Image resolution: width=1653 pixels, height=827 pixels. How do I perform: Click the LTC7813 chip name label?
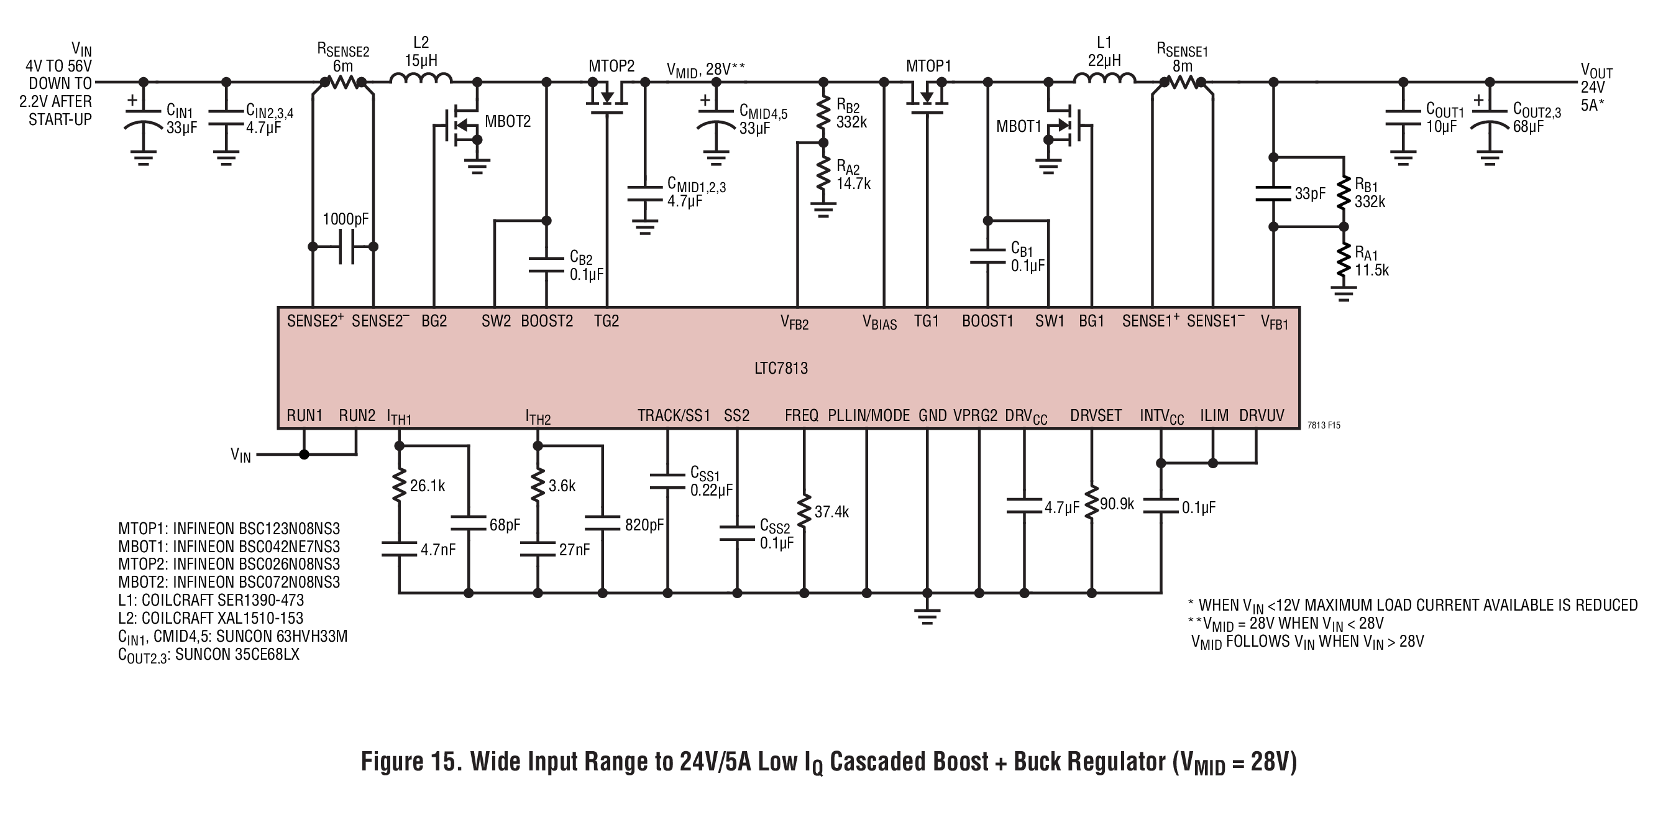tap(781, 369)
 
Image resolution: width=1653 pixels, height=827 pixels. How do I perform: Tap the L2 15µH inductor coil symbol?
tap(421, 78)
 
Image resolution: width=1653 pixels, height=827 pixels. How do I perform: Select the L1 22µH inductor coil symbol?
tap(1104, 78)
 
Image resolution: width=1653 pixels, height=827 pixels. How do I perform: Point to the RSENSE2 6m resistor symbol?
tap(342, 82)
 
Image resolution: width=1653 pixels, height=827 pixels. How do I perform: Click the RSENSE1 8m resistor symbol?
tap(1183, 82)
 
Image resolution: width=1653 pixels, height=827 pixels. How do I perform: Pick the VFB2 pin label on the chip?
tap(794, 322)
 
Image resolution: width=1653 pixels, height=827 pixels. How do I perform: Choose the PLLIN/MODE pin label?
tap(869, 416)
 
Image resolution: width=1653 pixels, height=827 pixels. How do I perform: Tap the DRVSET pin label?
tap(1096, 416)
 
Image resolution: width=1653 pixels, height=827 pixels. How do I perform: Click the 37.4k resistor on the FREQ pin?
tap(804, 510)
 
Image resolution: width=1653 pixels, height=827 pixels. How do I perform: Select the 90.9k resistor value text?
tap(1117, 505)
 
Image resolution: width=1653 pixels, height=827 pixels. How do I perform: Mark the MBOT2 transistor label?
tap(508, 122)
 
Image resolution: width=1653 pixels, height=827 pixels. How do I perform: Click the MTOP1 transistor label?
tap(928, 66)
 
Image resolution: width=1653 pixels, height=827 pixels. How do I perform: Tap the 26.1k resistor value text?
tap(428, 486)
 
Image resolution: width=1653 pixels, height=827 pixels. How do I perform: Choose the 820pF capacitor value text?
tap(644, 525)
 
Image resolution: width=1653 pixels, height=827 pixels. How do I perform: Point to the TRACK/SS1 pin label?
tap(674, 416)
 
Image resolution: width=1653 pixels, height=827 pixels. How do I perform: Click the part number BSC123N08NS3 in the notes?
tap(289, 529)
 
